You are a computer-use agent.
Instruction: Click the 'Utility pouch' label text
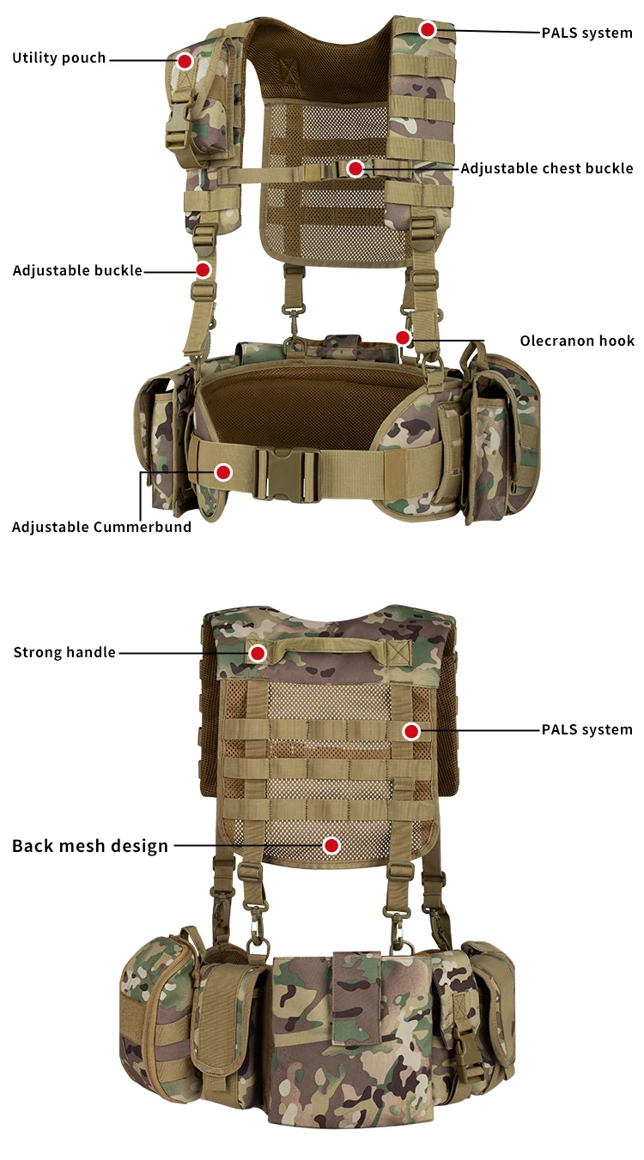pyautogui.click(x=59, y=58)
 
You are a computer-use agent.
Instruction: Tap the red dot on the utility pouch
pyautogui.click(x=185, y=61)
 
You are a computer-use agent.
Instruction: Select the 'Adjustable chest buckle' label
pyautogui.click(x=547, y=168)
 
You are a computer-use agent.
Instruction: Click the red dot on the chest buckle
pyautogui.click(x=355, y=169)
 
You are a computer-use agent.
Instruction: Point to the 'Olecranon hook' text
pyautogui.click(x=577, y=341)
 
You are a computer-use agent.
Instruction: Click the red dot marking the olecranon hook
pyautogui.click(x=403, y=336)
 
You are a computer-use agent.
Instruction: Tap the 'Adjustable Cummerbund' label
pyautogui.click(x=101, y=527)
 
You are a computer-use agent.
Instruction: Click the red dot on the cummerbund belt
pyautogui.click(x=223, y=472)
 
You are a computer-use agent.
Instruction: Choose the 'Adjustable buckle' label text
pyautogui.click(x=77, y=270)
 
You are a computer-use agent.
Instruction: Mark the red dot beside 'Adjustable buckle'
pyautogui.click(x=203, y=270)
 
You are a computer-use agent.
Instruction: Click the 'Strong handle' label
pyautogui.click(x=64, y=653)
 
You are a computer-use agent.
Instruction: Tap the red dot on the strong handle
pyautogui.click(x=258, y=654)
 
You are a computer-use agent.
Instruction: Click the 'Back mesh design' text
pyautogui.click(x=90, y=846)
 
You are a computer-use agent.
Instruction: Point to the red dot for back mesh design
pyautogui.click(x=331, y=846)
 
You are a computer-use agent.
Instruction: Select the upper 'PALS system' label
pyautogui.click(x=586, y=33)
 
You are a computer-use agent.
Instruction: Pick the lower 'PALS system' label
pyautogui.click(x=586, y=730)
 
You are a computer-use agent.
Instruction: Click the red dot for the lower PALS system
pyautogui.click(x=411, y=731)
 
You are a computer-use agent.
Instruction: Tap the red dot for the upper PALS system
pyautogui.click(x=428, y=30)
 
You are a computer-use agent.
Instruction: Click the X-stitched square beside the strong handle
pyautogui.click(x=398, y=652)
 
